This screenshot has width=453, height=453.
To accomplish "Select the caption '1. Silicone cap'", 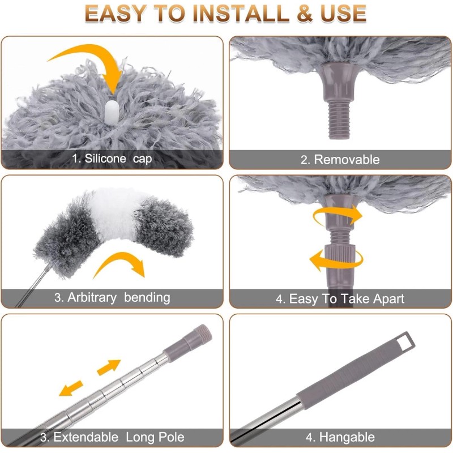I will tap(112, 159).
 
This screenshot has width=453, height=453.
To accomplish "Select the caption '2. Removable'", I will tap(340, 160).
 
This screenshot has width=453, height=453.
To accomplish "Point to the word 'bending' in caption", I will tap(147, 297).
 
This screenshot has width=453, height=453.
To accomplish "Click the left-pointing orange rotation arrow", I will tap(334, 261).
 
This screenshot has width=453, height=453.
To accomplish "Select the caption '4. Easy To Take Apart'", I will tap(340, 298).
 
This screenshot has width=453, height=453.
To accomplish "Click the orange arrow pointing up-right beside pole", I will tap(109, 367).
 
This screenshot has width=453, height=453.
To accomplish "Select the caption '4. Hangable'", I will tap(340, 437).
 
